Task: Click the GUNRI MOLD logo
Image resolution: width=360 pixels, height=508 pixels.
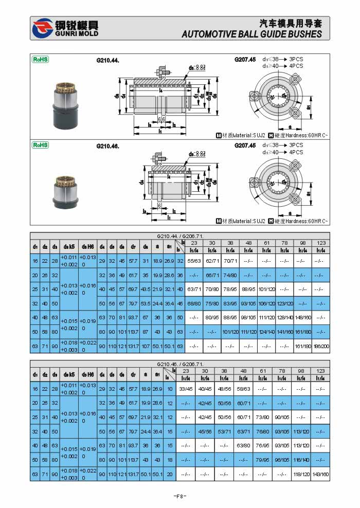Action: point(64,29)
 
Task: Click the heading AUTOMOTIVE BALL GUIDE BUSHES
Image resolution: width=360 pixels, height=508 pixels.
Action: point(251,34)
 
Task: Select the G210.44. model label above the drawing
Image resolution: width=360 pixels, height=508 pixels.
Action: point(107,60)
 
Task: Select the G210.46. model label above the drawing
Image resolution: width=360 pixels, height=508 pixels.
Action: point(107,146)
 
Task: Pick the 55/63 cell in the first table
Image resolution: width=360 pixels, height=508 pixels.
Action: point(194,261)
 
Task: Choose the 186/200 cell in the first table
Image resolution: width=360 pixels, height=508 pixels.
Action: point(321,347)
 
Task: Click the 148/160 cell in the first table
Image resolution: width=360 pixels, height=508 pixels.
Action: point(302,317)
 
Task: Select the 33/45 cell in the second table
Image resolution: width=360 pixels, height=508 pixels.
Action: point(185,389)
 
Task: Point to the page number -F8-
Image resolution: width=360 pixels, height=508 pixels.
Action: point(179,496)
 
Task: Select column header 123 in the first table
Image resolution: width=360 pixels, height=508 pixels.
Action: point(321,243)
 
